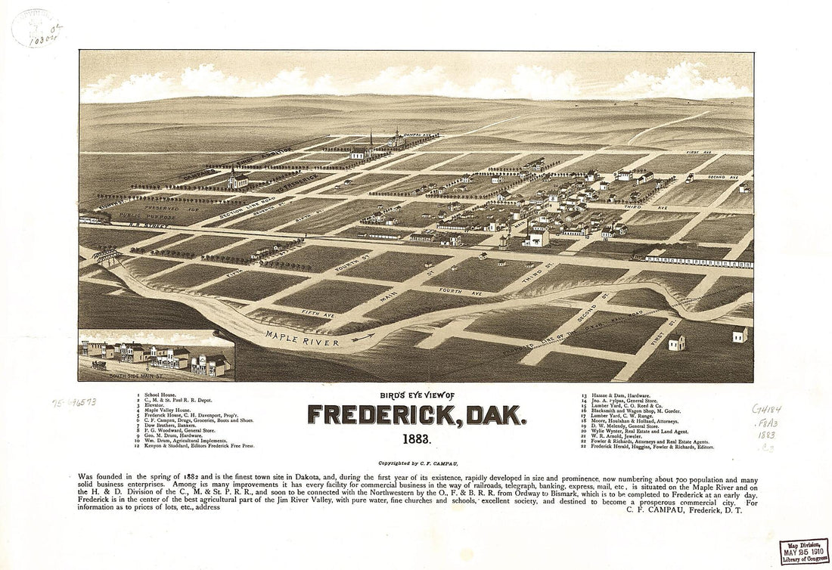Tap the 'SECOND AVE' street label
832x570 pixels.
[x=722, y=177]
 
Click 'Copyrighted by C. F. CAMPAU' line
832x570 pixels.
[x=415, y=462]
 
